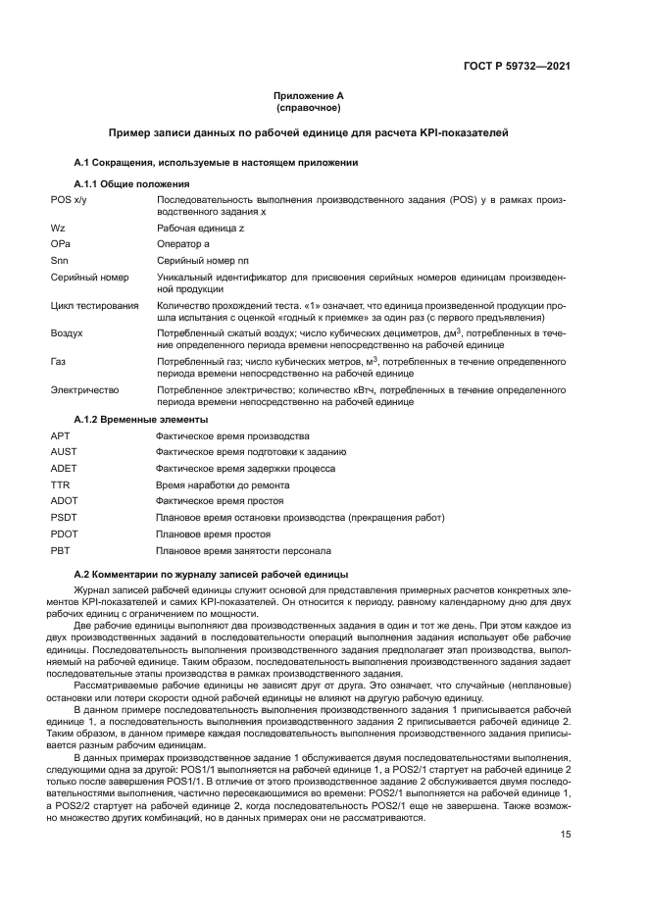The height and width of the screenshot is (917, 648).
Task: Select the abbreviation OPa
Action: [61, 243]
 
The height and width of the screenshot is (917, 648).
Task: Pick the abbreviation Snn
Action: [60, 261]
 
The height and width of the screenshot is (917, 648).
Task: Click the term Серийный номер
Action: [89, 278]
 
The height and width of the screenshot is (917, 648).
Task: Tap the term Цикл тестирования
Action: [95, 306]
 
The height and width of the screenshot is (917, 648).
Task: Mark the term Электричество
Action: [84, 389]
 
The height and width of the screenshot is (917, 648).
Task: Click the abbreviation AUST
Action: [64, 451]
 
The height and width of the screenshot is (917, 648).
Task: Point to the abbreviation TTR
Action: [60, 484]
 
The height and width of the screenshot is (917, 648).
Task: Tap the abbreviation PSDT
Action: [64, 517]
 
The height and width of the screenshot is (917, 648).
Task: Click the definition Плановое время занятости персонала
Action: [243, 551]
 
